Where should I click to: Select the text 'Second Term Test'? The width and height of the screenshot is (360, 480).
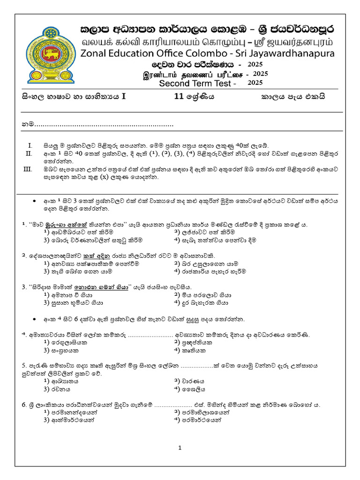pyautogui.click(x=195, y=83)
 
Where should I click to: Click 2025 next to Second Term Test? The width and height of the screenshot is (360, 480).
pyautogui.click(x=255, y=83)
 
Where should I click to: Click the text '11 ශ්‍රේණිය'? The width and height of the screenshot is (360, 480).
pyautogui.click(x=194, y=97)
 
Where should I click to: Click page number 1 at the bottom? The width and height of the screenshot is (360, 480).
pyautogui.click(x=180, y=448)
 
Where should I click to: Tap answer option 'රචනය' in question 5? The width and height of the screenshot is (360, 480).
pyautogui.click(x=60, y=389)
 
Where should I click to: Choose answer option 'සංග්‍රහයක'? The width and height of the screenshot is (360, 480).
pyautogui.click(x=65, y=350)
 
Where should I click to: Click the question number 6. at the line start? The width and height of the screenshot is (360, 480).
pyautogui.click(x=24, y=404)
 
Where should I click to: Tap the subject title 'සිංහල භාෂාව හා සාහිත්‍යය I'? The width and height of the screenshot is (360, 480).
pyautogui.click(x=74, y=97)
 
